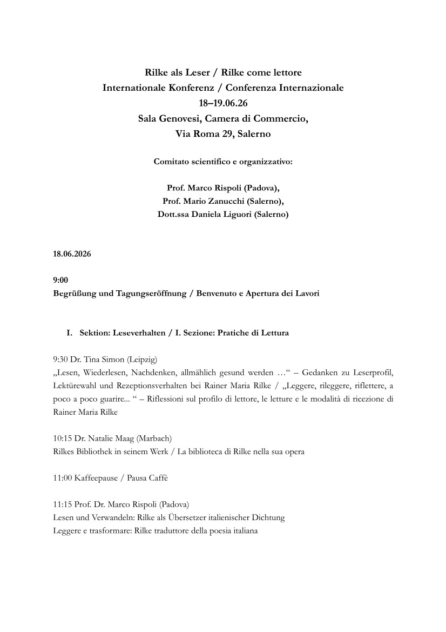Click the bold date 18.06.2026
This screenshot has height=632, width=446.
(72, 254)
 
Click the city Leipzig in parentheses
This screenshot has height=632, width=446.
(141, 359)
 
